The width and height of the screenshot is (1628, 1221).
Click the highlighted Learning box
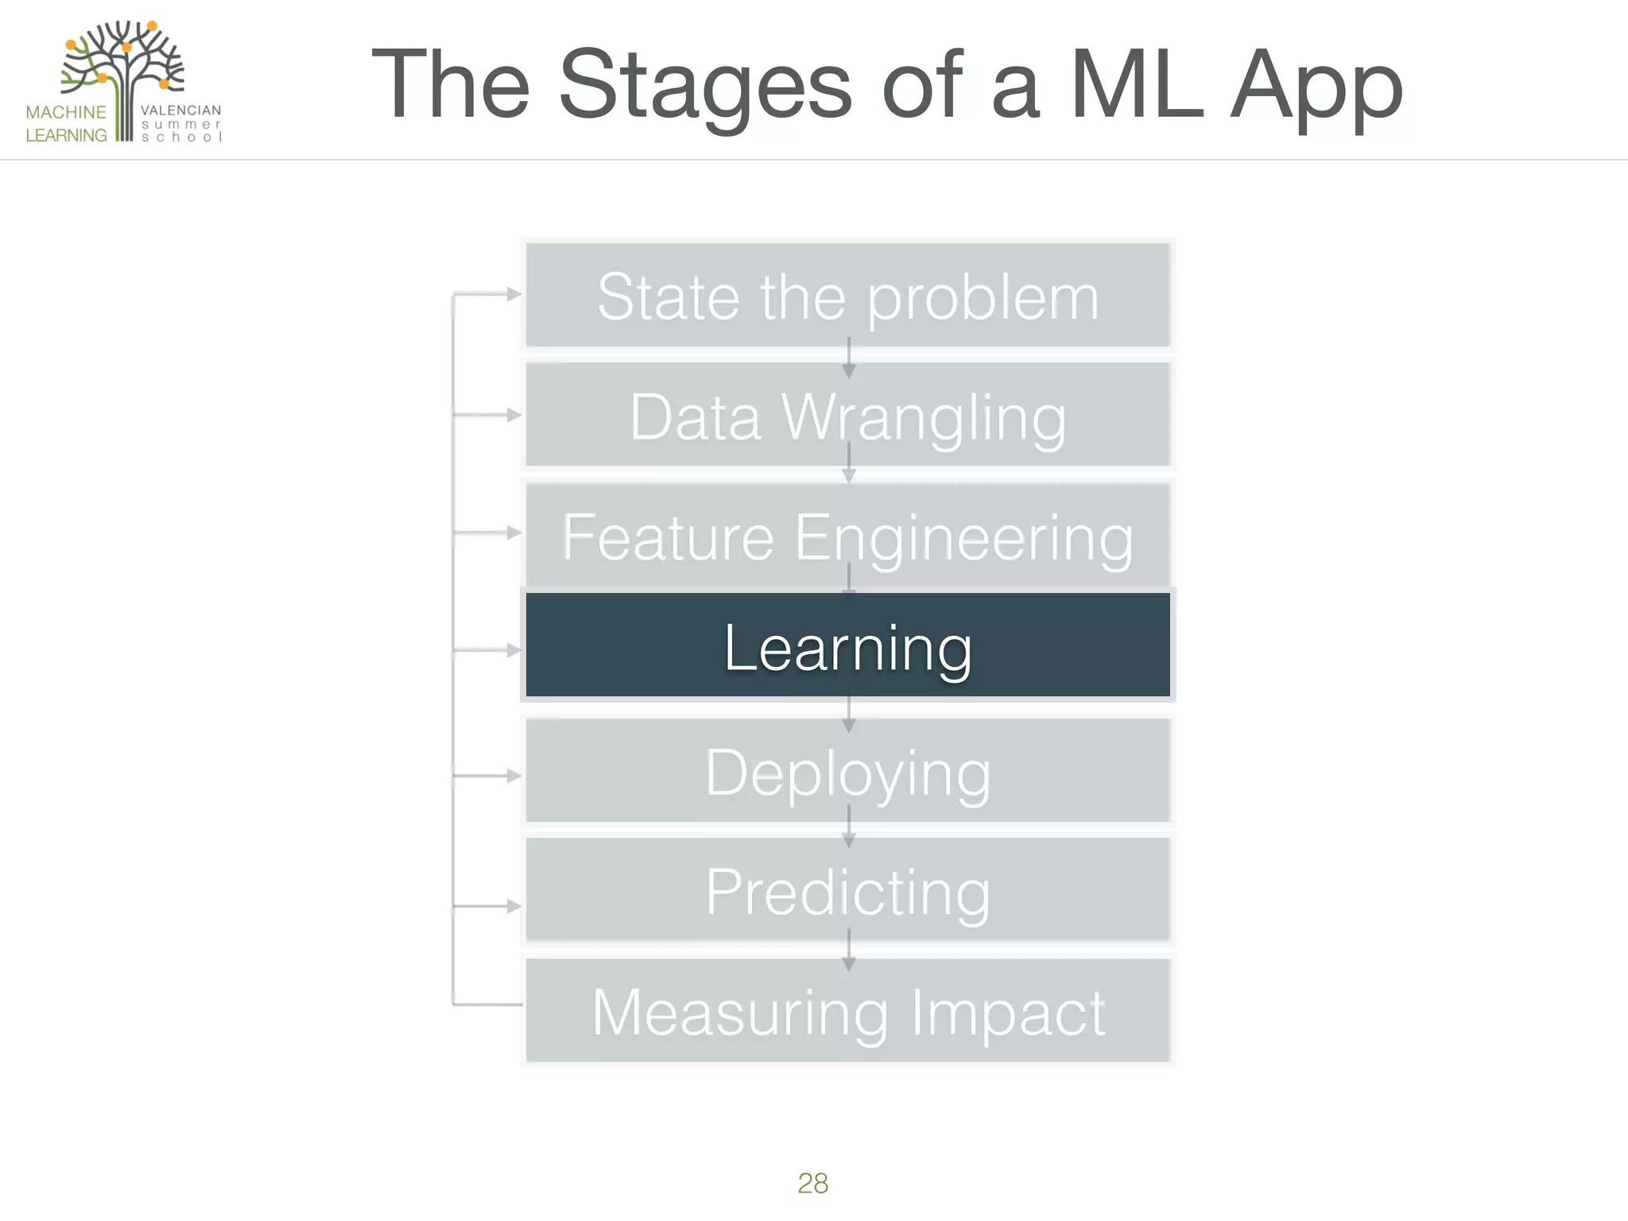coord(847,645)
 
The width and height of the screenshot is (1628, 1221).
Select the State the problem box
coord(847,296)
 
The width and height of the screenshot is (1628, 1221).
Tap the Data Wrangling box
coord(847,415)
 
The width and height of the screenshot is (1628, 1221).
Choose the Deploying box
coord(847,771)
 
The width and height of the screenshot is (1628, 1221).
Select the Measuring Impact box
coord(847,1011)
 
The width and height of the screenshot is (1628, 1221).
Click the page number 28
coord(812,1183)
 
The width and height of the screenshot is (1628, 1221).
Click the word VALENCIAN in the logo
coord(180,110)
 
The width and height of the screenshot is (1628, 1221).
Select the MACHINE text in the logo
coord(66,112)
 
